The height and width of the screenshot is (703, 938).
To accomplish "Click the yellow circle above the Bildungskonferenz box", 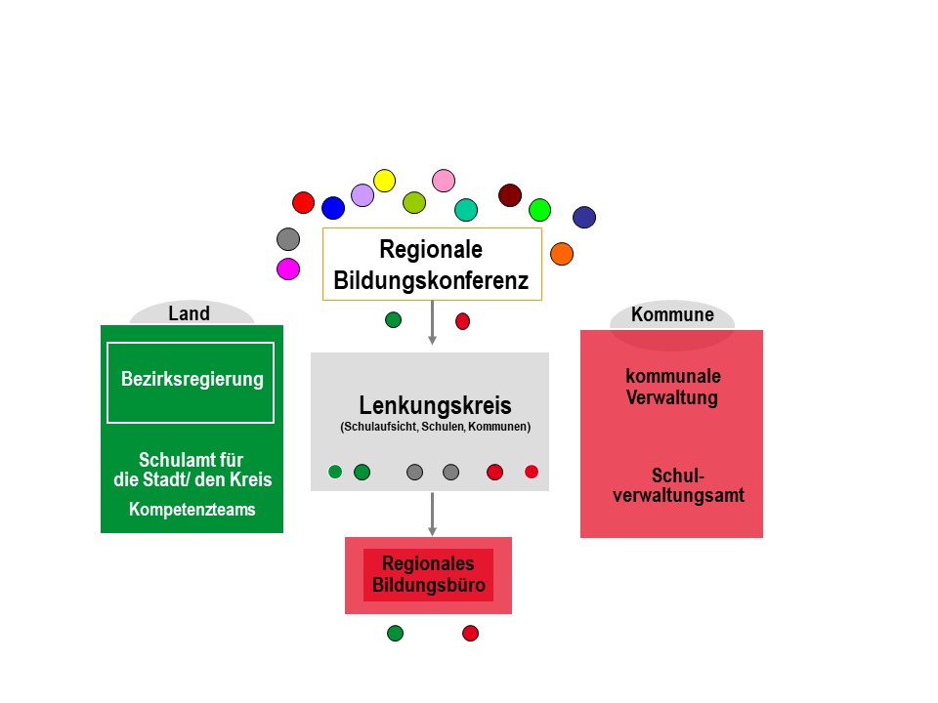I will [385, 181].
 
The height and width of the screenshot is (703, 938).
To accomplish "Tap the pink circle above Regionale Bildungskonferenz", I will [444, 181].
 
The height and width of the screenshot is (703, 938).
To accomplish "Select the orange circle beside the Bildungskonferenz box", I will [562, 254].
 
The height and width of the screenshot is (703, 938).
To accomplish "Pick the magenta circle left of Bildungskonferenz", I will [288, 269].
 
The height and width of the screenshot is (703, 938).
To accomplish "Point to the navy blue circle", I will [584, 217].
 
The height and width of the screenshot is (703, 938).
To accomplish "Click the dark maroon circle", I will [510, 195].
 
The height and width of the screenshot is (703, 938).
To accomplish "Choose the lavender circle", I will [362, 195].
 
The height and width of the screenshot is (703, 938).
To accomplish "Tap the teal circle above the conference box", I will [466, 210].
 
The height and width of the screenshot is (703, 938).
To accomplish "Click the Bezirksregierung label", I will [192, 380].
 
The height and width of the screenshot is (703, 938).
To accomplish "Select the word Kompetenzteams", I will [192, 509].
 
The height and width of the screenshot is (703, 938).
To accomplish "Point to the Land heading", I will [190, 314].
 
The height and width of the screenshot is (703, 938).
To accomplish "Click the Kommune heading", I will [672, 315].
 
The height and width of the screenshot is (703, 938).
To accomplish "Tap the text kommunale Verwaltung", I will [673, 387].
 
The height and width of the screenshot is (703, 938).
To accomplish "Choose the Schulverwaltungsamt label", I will [678, 486].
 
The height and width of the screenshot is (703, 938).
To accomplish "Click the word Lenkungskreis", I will [435, 405].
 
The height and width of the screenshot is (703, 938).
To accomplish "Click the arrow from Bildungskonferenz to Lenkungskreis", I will [432, 322].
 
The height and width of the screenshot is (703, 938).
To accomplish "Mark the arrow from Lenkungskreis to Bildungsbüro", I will [432, 514].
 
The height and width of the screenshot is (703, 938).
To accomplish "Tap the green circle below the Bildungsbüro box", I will [395, 633].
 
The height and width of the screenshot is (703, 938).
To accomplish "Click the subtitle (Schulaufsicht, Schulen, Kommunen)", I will [435, 428].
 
